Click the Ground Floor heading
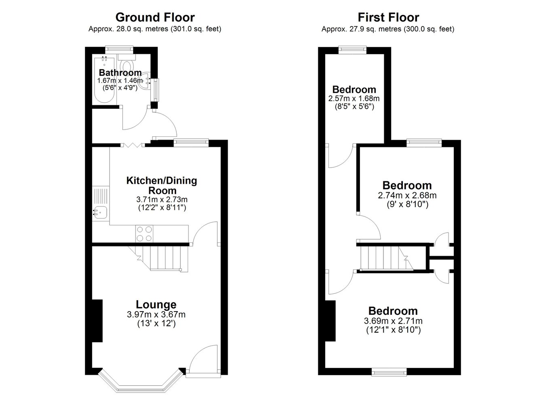[x=155, y=17]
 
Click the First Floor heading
[x=388, y=17]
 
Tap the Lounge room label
[x=156, y=304]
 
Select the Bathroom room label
[x=120, y=72]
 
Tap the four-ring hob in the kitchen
[x=144, y=234]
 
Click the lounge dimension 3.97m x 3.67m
[x=156, y=314]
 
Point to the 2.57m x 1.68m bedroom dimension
[x=354, y=98]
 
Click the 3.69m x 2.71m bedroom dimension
[x=393, y=321]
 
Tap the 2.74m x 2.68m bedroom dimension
[x=407, y=195]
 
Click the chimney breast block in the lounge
[x=97, y=321]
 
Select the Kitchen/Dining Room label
[x=162, y=185]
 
